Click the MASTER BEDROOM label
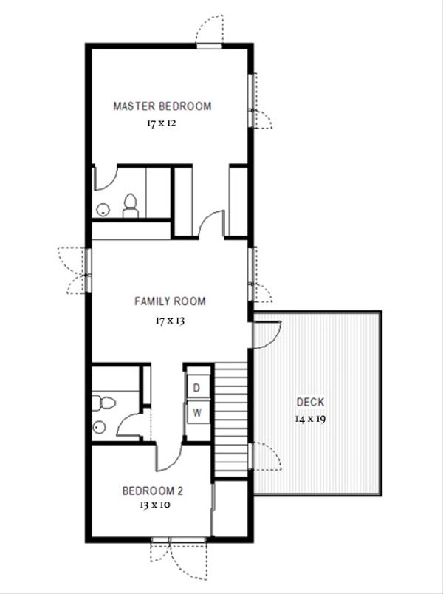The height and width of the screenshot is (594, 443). pyautogui.click(x=162, y=106)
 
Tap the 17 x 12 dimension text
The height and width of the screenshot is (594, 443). pyautogui.click(x=162, y=123)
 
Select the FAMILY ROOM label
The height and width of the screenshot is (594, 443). pyautogui.click(x=170, y=301)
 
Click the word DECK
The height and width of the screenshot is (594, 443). pyautogui.click(x=310, y=403)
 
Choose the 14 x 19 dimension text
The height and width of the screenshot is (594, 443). pyautogui.click(x=310, y=418)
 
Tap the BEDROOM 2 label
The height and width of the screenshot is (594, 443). pyautogui.click(x=152, y=491)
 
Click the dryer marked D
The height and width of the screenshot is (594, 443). pyautogui.click(x=197, y=388)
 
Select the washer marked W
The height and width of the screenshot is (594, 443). pyautogui.click(x=197, y=413)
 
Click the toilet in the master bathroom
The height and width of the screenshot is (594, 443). pyautogui.click(x=131, y=206)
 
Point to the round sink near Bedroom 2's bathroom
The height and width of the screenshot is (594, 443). pyautogui.click(x=99, y=427)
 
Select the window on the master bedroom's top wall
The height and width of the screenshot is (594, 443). pyautogui.click(x=209, y=46)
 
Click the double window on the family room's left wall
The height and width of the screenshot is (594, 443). pyautogui.click(x=88, y=270)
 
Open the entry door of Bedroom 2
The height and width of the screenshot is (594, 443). pyautogui.click(x=166, y=455)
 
